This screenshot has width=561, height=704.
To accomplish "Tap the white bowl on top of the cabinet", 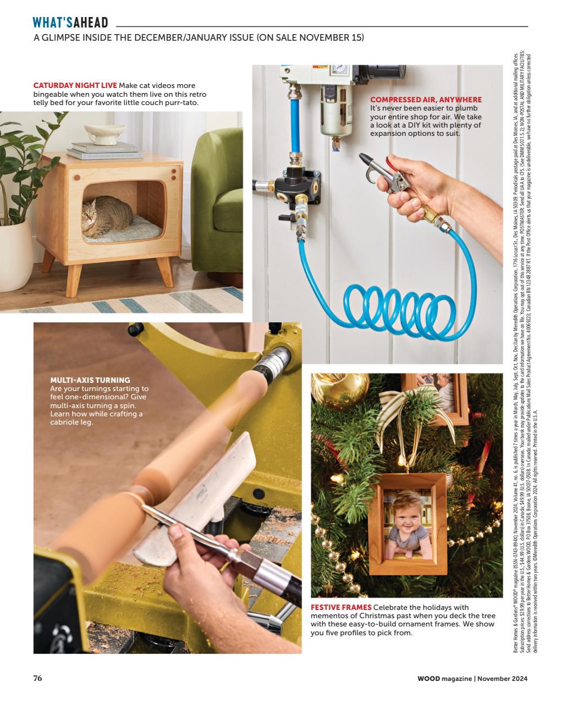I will [103, 133].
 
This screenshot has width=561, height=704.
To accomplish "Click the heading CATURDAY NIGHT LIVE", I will [75, 86].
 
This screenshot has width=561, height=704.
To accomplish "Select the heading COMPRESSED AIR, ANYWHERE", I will [426, 100].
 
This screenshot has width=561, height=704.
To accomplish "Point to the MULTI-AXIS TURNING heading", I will [90, 380].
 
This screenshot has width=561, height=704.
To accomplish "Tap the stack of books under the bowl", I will [103, 151].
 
